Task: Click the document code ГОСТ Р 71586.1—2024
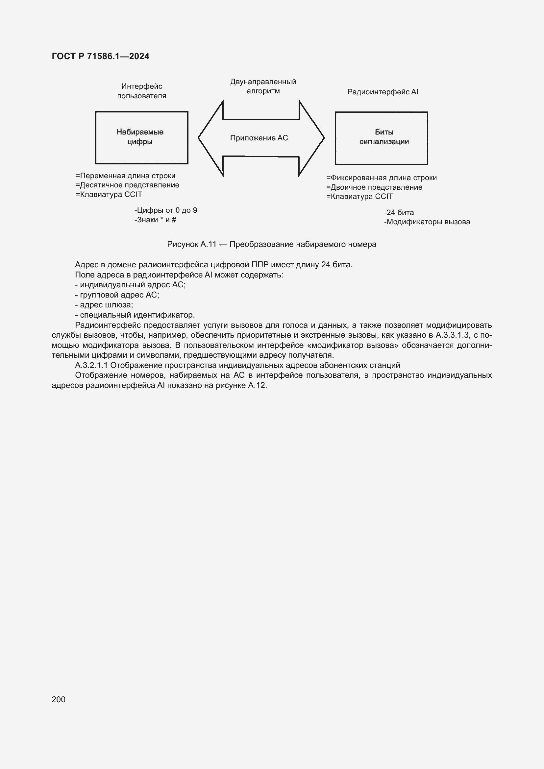(101, 56)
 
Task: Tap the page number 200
(59, 699)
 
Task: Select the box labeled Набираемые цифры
(141, 137)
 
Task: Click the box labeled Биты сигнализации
(381, 138)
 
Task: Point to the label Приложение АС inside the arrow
(259, 138)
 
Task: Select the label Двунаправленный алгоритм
(263, 86)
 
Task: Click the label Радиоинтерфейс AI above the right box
(383, 92)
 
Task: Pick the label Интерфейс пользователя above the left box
(141, 91)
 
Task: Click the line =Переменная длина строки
(125, 176)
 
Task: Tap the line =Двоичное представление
(374, 187)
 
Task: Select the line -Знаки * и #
(155, 220)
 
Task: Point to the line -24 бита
(399, 212)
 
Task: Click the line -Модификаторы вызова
(427, 222)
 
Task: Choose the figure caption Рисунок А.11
(271, 244)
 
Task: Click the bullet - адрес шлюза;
(104, 305)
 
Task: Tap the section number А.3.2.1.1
(91, 365)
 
